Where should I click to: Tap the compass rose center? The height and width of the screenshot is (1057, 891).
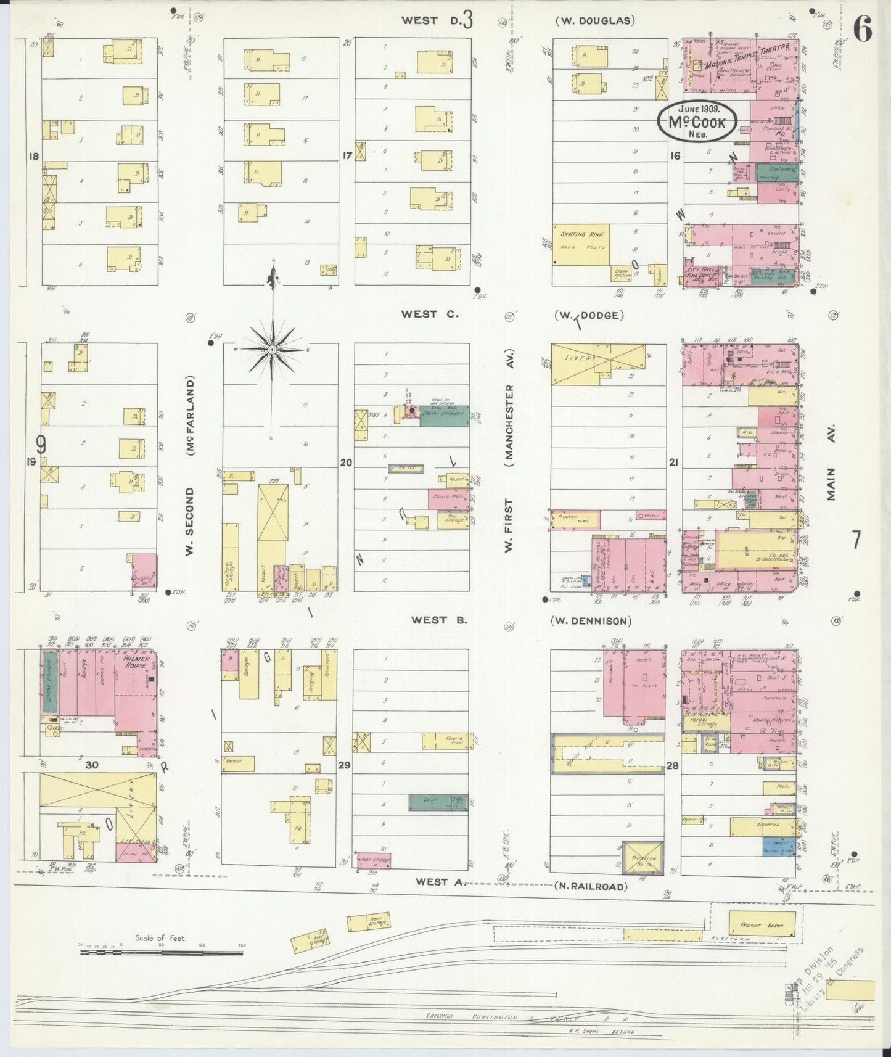(x=272, y=350)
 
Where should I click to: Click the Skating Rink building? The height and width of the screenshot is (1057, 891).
(x=581, y=245)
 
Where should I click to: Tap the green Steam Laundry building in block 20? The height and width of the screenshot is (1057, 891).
(x=444, y=417)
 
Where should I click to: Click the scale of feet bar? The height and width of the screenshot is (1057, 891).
(x=162, y=953)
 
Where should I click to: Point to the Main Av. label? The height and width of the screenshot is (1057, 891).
(x=831, y=463)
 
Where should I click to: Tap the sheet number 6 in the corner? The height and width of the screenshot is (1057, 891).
(x=862, y=29)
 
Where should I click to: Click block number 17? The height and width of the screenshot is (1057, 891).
(x=347, y=156)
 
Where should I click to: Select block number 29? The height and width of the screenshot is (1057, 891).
(x=344, y=765)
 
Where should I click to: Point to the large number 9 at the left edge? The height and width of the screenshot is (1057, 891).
(x=41, y=444)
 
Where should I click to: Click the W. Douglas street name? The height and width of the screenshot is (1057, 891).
(x=594, y=20)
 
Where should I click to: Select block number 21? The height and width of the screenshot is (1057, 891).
(x=673, y=461)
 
